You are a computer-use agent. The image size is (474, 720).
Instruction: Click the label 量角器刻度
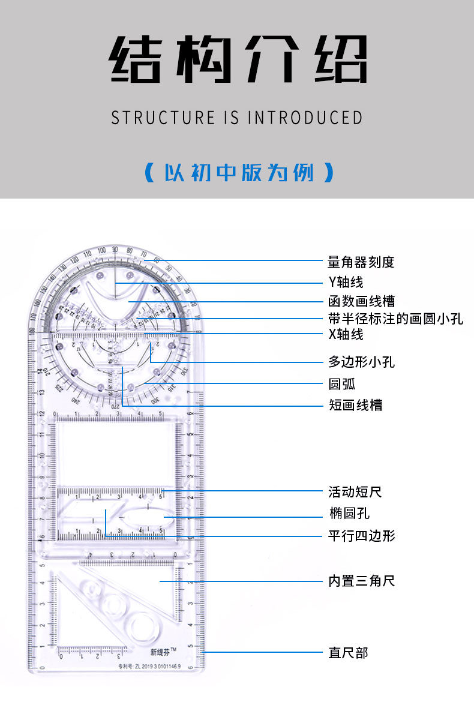tap(361, 262)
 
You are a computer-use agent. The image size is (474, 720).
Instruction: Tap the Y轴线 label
tap(346, 281)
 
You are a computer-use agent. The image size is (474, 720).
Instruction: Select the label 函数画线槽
tap(361, 301)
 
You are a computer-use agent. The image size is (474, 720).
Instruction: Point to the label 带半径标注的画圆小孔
tap(395, 319)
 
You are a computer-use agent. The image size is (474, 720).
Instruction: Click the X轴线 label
tap(346, 334)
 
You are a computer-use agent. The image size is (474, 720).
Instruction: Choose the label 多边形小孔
tap(361, 362)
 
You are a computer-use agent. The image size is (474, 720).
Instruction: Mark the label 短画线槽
tap(355, 405)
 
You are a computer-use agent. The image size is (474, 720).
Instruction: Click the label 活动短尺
tap(355, 492)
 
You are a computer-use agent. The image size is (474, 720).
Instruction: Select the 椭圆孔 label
tap(349, 513)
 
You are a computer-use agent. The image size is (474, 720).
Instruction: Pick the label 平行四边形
tap(361, 535)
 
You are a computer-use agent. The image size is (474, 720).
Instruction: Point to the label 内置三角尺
tap(361, 581)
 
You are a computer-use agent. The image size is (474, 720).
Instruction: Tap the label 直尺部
tap(348, 652)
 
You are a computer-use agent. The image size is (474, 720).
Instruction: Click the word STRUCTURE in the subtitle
tap(162, 118)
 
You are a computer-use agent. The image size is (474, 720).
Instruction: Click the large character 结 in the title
tap(136, 59)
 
